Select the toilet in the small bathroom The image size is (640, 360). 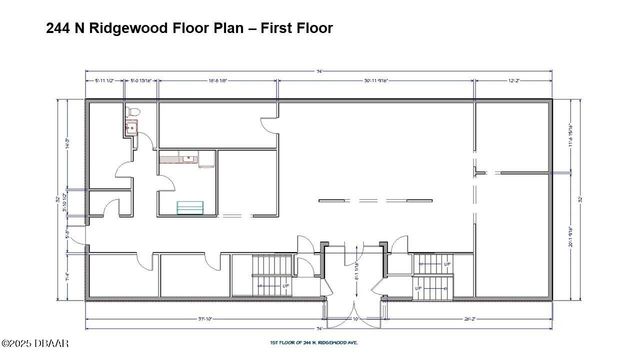click(x=129, y=113)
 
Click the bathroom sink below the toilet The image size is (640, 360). click(x=129, y=127)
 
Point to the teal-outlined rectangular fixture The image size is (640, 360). click(x=190, y=207)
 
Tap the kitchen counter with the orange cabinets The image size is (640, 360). click(x=180, y=157)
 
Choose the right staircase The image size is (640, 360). click(x=432, y=276)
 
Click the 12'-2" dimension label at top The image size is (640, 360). click(x=512, y=80)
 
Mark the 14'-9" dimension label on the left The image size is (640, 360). click(x=69, y=142)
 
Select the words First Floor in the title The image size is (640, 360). click(x=297, y=28)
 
